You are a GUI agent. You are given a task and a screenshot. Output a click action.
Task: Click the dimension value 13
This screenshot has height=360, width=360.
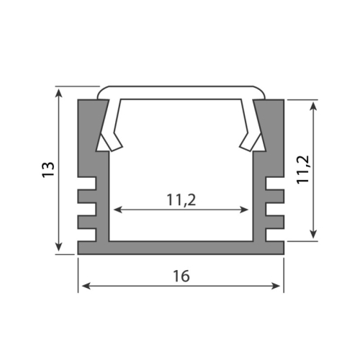coord(48,170)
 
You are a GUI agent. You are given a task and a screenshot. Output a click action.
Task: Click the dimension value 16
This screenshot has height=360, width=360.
coord(181,276)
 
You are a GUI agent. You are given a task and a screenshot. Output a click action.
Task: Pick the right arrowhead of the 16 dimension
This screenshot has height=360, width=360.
coord(279,286)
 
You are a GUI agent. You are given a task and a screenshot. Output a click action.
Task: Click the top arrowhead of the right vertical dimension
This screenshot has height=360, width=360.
coord(313,104)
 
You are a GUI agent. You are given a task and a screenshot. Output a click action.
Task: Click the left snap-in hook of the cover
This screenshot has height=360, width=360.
coord(109,140)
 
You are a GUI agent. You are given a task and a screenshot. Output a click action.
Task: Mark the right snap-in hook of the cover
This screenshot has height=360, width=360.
coord(252,140)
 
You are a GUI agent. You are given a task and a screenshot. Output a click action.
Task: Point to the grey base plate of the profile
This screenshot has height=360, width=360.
coord(181,248)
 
